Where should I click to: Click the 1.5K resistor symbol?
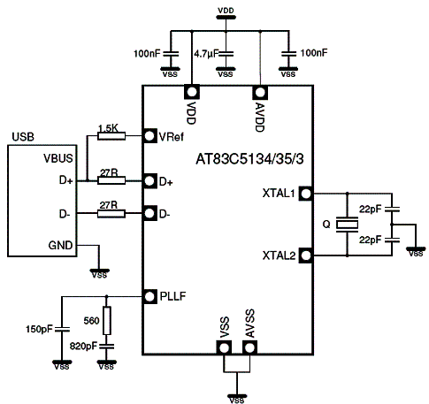[x=111, y=136]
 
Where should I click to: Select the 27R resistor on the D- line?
[x=111, y=214]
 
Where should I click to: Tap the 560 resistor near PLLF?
[x=107, y=321]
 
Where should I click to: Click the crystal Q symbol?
[x=347, y=225]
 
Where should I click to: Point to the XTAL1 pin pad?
[x=306, y=194]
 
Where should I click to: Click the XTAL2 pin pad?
[x=306, y=255]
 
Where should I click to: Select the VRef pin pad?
[x=149, y=136]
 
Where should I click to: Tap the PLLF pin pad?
[x=149, y=296]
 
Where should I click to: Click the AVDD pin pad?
[x=260, y=92]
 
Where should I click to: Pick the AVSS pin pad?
[x=249, y=347]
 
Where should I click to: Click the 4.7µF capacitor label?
[x=206, y=54]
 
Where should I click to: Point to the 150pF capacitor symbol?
[x=62, y=329]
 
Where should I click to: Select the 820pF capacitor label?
[x=83, y=346]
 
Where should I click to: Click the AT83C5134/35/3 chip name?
[x=249, y=159]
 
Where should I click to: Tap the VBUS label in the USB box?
[x=58, y=158]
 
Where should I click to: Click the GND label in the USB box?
[x=60, y=245]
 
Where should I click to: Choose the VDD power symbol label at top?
[x=226, y=11]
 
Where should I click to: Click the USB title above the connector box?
[x=23, y=137]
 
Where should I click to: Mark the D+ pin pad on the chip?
[x=149, y=181]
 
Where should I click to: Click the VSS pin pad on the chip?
[x=224, y=347]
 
